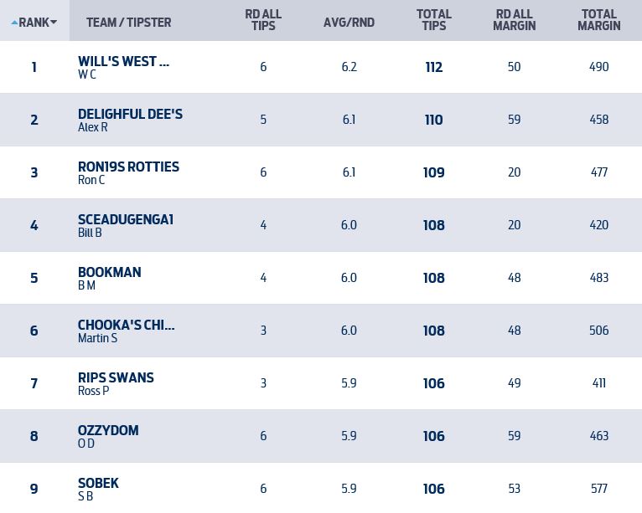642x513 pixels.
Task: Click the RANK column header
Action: click(34, 22)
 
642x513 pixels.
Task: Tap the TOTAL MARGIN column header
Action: click(598, 20)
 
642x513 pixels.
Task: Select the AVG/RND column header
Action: click(349, 22)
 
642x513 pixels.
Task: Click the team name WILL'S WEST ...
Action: click(123, 61)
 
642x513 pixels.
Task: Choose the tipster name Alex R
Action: click(92, 127)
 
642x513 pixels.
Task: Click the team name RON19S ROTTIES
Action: click(128, 167)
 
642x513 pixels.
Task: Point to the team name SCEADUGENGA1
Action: click(126, 219)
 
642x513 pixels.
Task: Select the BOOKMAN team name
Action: click(109, 272)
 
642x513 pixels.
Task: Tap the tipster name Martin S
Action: click(97, 338)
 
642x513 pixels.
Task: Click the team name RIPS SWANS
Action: click(116, 377)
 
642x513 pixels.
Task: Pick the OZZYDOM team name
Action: click(108, 430)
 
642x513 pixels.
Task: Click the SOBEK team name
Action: click(98, 483)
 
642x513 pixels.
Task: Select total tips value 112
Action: click(434, 67)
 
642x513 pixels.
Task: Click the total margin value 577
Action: click(599, 489)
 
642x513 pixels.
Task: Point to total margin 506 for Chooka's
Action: click(599, 331)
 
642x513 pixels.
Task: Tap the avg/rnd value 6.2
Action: click(349, 67)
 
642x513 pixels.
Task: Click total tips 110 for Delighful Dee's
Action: click(434, 120)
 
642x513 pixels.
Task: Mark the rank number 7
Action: click(34, 383)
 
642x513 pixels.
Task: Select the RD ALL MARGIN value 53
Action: click(515, 489)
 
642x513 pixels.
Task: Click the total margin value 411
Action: click(599, 383)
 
